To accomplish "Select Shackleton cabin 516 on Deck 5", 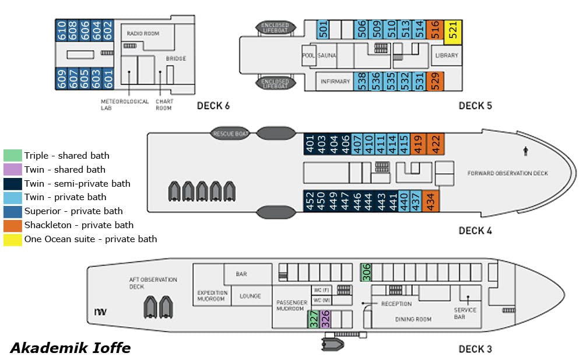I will [x=435, y=29].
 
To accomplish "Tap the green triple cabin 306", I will [x=366, y=272].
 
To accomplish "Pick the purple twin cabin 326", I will [x=325, y=319].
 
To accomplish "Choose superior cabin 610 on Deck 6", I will [x=61, y=30].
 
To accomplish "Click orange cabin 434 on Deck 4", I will [x=431, y=201].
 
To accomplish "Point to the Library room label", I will [x=447, y=55].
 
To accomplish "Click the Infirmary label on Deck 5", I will [x=335, y=82].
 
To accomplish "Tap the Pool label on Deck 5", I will [x=308, y=55].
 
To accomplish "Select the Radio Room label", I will [x=143, y=34].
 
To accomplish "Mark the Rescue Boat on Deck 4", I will [x=230, y=134].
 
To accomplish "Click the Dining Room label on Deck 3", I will [x=413, y=319].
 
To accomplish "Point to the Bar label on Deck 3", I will [x=241, y=274].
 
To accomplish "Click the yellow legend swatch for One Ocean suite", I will [x=12, y=239].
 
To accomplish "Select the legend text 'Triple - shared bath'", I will [x=66, y=155].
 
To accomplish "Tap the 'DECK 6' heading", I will [x=213, y=106].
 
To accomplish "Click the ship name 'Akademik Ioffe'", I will [x=70, y=348].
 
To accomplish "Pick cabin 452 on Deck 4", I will [x=310, y=201].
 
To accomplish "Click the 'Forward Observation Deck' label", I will [x=508, y=173].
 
